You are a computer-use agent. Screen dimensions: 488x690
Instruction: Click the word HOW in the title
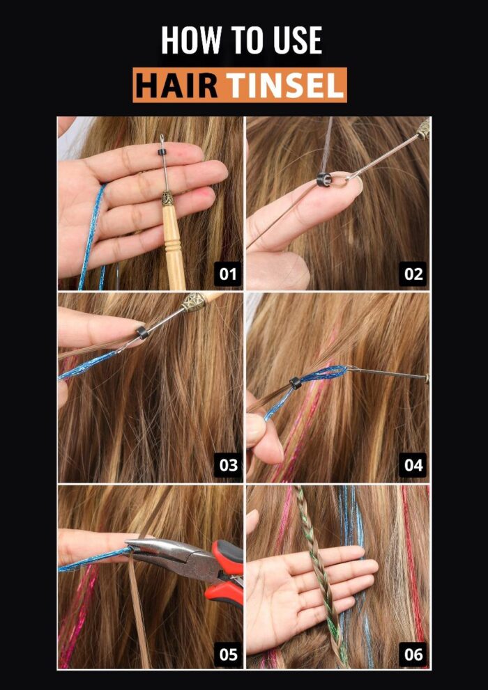[191, 40]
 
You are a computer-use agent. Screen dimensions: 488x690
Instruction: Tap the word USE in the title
[298, 40]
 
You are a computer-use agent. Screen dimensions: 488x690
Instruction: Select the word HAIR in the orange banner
[176, 85]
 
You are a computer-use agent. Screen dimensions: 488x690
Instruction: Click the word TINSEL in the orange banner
[285, 85]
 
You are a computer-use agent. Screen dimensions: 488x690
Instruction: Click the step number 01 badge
[228, 274]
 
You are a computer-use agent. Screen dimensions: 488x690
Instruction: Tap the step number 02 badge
[413, 274]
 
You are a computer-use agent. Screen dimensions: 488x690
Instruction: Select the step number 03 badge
[228, 465]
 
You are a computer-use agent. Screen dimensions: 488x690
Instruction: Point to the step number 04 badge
[413, 465]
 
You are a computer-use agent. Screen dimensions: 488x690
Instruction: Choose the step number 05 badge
[228, 654]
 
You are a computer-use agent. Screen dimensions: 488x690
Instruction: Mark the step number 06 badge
[413, 654]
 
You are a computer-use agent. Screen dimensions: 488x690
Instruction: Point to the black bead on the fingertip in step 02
[323, 179]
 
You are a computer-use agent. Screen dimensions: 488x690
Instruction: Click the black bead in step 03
[142, 332]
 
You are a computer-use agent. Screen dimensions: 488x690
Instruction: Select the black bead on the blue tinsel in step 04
[295, 382]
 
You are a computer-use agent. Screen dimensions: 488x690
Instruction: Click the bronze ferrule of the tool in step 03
[193, 302]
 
